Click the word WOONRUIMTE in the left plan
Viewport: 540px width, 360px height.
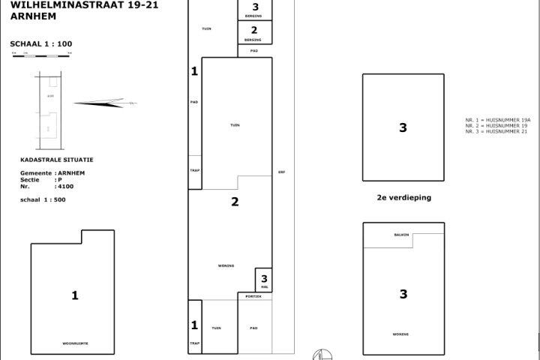coord(74,343)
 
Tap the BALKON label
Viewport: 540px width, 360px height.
coord(401,235)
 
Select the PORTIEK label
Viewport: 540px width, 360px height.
coord(253,296)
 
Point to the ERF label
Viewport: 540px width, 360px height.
coord(281,172)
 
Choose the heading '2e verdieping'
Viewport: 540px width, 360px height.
coord(403,198)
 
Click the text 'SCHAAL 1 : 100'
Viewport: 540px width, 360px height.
coord(41,44)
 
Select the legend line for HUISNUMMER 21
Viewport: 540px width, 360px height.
coord(497,132)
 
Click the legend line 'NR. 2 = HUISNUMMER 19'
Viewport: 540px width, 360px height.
coord(496,126)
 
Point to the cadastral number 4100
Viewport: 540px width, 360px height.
coord(65,185)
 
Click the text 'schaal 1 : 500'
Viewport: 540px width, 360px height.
coord(43,199)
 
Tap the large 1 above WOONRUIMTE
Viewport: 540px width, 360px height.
coord(74,295)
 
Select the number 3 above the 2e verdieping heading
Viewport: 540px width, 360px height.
coord(403,128)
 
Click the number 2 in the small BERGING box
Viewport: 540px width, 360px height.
coord(254,31)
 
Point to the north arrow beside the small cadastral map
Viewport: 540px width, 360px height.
coord(101,103)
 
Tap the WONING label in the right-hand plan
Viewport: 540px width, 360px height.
coord(400,334)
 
